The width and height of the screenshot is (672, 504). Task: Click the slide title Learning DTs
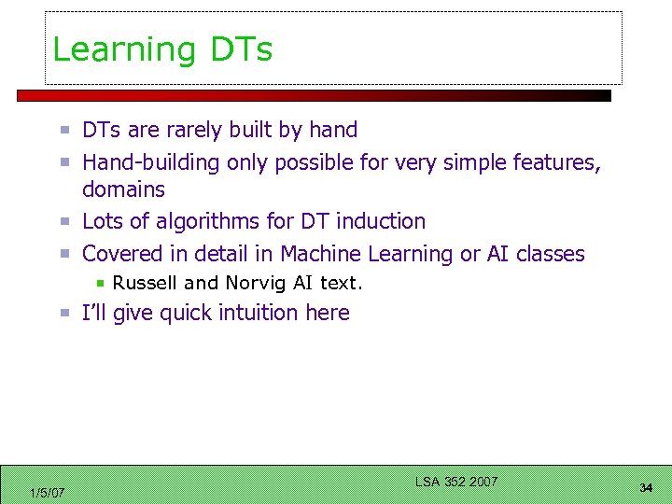(x=162, y=49)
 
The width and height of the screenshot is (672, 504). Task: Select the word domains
(x=123, y=189)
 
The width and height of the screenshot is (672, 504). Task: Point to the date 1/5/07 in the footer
(x=47, y=493)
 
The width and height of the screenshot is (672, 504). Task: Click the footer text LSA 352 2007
(x=456, y=482)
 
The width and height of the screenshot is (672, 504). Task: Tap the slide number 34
(x=646, y=488)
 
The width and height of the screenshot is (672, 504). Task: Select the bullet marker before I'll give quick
(x=66, y=314)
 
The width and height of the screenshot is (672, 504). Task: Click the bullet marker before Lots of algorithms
(x=66, y=222)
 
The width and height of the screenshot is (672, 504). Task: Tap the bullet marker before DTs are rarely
(x=66, y=131)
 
